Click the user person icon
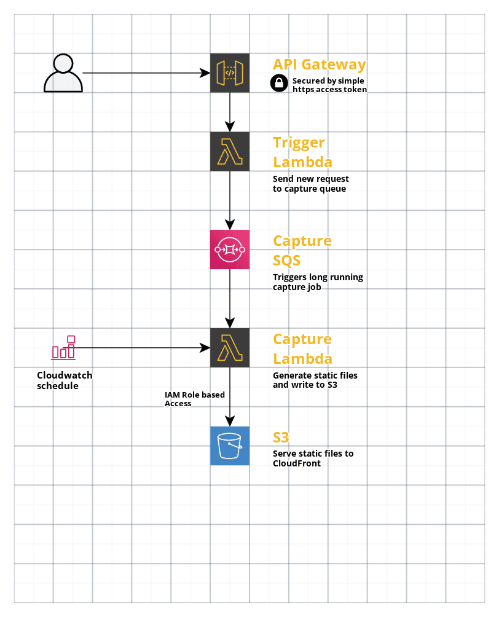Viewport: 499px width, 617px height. [x=63, y=73]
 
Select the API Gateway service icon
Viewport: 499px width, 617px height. [x=230, y=73]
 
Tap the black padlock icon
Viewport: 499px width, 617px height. [x=279, y=84]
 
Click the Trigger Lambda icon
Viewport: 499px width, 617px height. [x=230, y=151]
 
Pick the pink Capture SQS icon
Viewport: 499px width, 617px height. [x=230, y=250]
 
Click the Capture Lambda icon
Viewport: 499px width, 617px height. [x=230, y=348]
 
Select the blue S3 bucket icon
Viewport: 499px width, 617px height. [x=230, y=446]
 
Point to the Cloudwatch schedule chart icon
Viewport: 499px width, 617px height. [x=63, y=348]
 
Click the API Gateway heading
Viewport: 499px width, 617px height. [x=319, y=65]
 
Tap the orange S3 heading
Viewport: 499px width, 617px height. [x=281, y=438]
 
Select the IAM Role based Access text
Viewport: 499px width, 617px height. [x=194, y=399]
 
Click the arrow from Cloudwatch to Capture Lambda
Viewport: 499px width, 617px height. [x=141, y=348]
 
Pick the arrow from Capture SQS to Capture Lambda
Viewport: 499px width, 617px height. [x=230, y=299]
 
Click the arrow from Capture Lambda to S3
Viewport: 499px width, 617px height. [x=230, y=397]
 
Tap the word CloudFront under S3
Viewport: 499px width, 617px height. [x=296, y=463]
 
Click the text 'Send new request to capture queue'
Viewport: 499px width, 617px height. [x=310, y=184]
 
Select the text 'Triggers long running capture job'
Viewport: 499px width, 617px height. [x=318, y=281]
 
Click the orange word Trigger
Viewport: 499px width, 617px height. [x=299, y=143]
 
